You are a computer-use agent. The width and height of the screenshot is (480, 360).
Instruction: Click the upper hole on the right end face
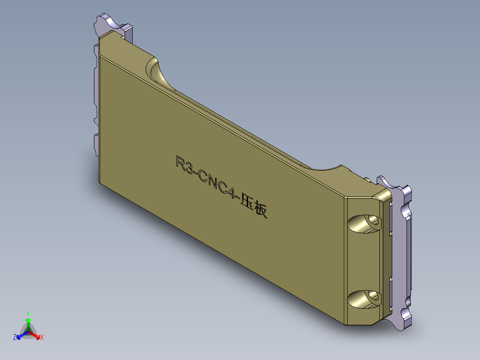coord(364,223)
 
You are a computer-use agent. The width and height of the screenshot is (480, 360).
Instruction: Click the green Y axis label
coord(28,313)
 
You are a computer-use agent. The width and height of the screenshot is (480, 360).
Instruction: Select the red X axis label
coord(41,338)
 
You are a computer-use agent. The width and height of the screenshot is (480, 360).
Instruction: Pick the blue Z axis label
coord(14,338)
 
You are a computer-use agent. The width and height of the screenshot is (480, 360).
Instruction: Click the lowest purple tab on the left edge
coord(96,144)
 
